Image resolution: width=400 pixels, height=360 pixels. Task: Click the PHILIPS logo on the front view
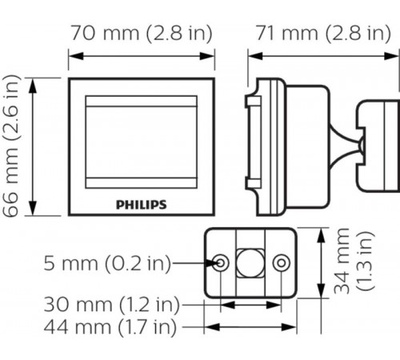coord(142,204)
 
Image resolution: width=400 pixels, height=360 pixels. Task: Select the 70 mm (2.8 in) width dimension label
coord(142,34)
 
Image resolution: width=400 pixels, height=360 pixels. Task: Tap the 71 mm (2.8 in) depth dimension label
coord(323,34)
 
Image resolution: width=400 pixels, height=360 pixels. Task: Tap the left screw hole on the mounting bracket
coord(219,262)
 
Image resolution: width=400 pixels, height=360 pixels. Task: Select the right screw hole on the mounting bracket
coord(280,262)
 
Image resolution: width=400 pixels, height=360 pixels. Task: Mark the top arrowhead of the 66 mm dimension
coord(33,82)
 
